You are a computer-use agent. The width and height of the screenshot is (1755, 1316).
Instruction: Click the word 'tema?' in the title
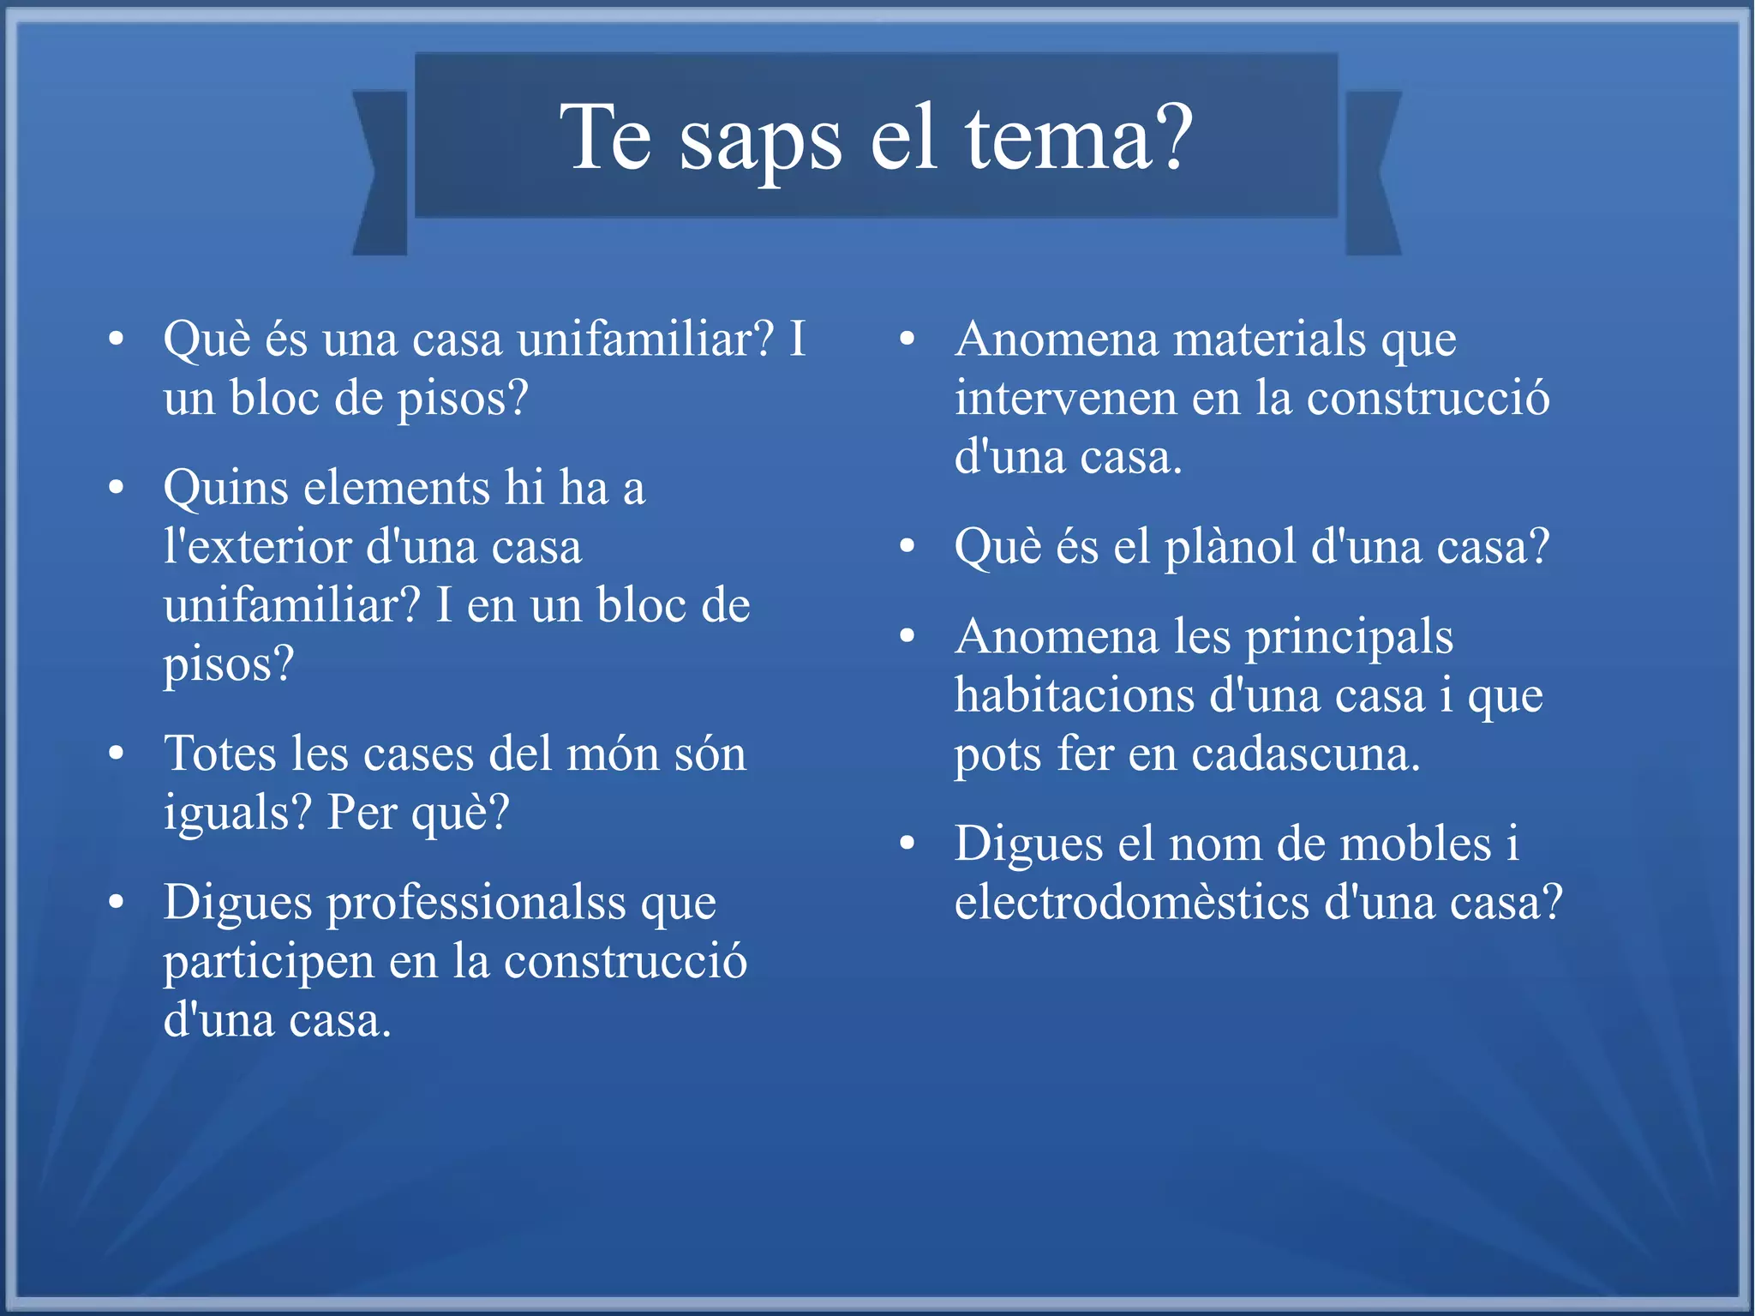(1080, 137)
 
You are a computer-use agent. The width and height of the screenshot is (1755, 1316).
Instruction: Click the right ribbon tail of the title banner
(1372, 171)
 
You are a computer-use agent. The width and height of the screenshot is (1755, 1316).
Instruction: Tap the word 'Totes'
(220, 754)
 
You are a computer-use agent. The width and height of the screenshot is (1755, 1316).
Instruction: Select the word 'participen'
(268, 963)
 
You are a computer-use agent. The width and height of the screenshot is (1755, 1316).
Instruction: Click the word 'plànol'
(1230, 547)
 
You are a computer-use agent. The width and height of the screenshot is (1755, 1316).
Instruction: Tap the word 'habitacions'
(1075, 695)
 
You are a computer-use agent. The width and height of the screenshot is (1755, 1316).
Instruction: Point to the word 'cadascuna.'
(1306, 754)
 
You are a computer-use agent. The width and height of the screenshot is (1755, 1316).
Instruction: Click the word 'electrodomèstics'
(1132, 903)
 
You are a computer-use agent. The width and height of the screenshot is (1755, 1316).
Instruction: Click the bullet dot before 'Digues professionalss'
(117, 903)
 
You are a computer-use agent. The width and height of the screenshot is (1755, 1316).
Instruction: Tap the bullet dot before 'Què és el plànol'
(908, 546)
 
